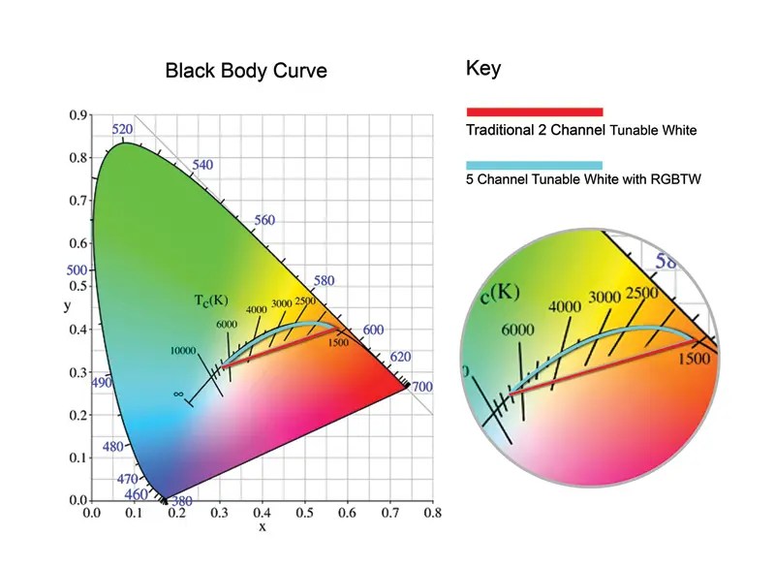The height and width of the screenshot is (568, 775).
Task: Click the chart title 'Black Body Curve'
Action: tap(246, 71)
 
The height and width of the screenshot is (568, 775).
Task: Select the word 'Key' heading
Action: tap(484, 69)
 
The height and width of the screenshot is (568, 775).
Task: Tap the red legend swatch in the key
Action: tap(535, 111)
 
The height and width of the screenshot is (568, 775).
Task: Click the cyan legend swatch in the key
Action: tap(535, 165)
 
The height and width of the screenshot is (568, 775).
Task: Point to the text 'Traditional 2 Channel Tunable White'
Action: tap(581, 130)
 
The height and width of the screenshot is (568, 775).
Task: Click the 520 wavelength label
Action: tap(122, 129)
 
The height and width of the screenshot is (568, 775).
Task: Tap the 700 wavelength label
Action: tap(420, 387)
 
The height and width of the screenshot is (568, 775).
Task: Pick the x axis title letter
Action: tap(262, 527)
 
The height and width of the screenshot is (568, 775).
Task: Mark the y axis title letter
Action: tap(66, 307)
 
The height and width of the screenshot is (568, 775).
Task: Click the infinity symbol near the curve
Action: tap(178, 394)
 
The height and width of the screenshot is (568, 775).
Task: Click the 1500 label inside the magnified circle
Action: tap(694, 360)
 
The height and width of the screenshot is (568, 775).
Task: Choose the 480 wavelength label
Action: tap(113, 447)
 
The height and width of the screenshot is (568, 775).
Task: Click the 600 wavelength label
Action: tap(373, 330)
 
